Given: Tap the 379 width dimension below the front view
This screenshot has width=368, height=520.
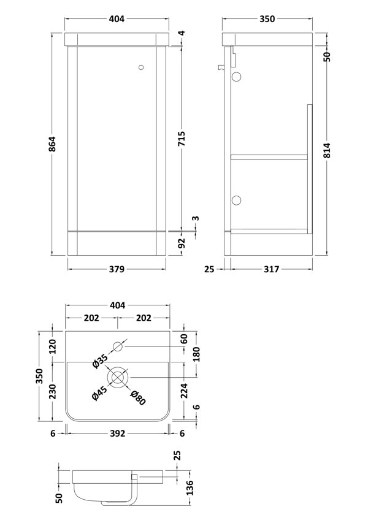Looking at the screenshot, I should point(117,269).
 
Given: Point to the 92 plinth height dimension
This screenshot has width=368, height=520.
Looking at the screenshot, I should point(182,243).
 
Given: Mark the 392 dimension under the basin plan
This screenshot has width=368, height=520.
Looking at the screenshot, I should point(117,433).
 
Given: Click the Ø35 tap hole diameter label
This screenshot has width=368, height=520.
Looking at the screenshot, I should point(99,362).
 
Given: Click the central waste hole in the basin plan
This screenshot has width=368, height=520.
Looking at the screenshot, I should point(118,376).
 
